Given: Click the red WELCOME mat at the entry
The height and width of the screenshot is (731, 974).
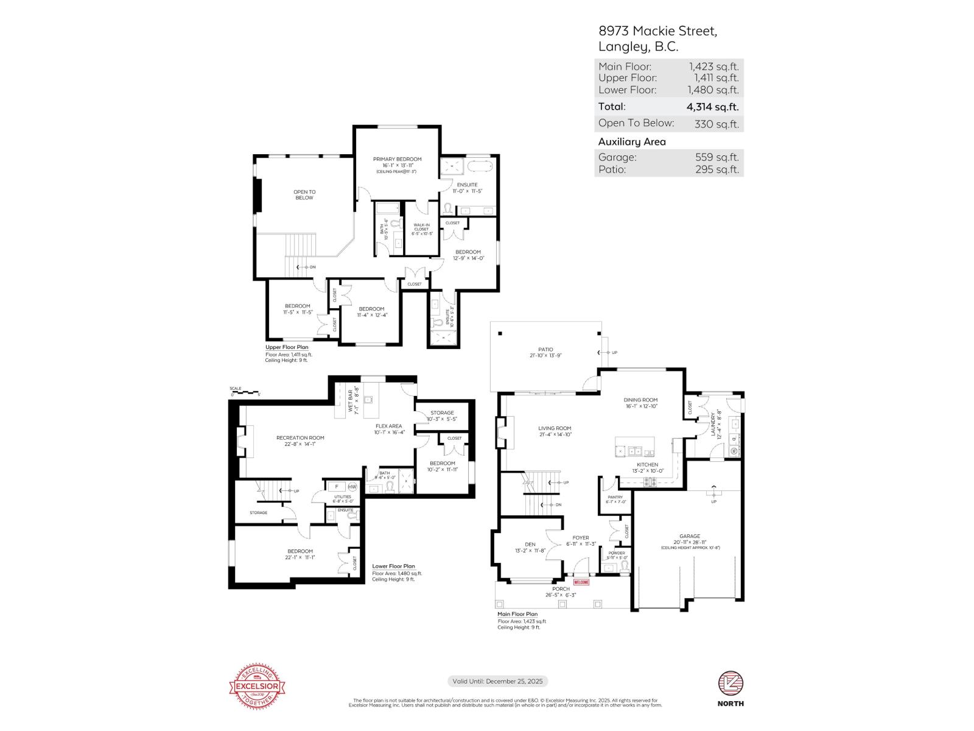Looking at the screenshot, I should [x=581, y=582].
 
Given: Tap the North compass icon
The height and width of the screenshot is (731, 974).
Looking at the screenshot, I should [x=730, y=683].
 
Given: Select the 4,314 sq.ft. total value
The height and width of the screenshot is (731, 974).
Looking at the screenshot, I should [x=712, y=107].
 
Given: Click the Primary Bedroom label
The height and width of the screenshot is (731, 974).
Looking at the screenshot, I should [x=397, y=160].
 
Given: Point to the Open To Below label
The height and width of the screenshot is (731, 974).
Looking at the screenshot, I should [x=304, y=195].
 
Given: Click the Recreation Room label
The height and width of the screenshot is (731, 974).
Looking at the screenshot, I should [x=300, y=438].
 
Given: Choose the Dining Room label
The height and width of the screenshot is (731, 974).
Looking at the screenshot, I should [x=641, y=400].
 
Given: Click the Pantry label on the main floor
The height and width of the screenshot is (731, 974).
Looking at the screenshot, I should [x=615, y=497].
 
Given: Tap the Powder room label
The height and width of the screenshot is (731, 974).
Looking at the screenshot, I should [x=616, y=553].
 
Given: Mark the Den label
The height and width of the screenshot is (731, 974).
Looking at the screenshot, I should [x=530, y=545].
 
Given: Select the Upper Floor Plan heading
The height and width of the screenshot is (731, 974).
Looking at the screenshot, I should [x=287, y=347].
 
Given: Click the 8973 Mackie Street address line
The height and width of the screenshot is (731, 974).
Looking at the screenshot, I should [x=657, y=31].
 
